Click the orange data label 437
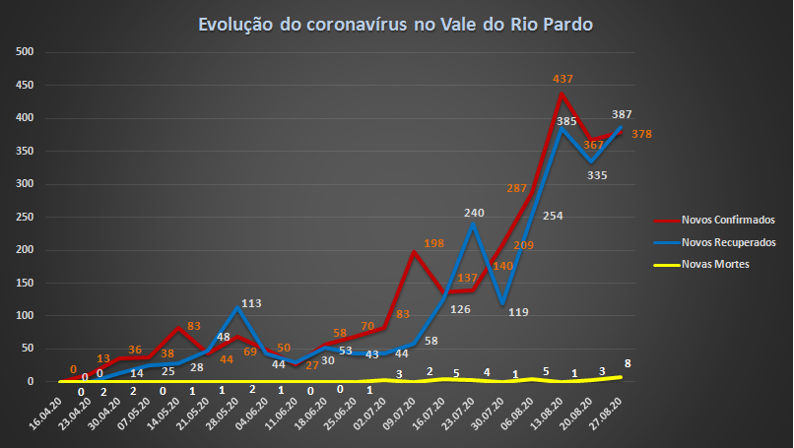(x=562, y=79)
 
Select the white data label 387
(x=622, y=114)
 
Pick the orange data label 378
(x=642, y=134)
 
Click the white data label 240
(x=476, y=213)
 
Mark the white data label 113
(x=251, y=303)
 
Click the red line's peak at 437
(x=561, y=94)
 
